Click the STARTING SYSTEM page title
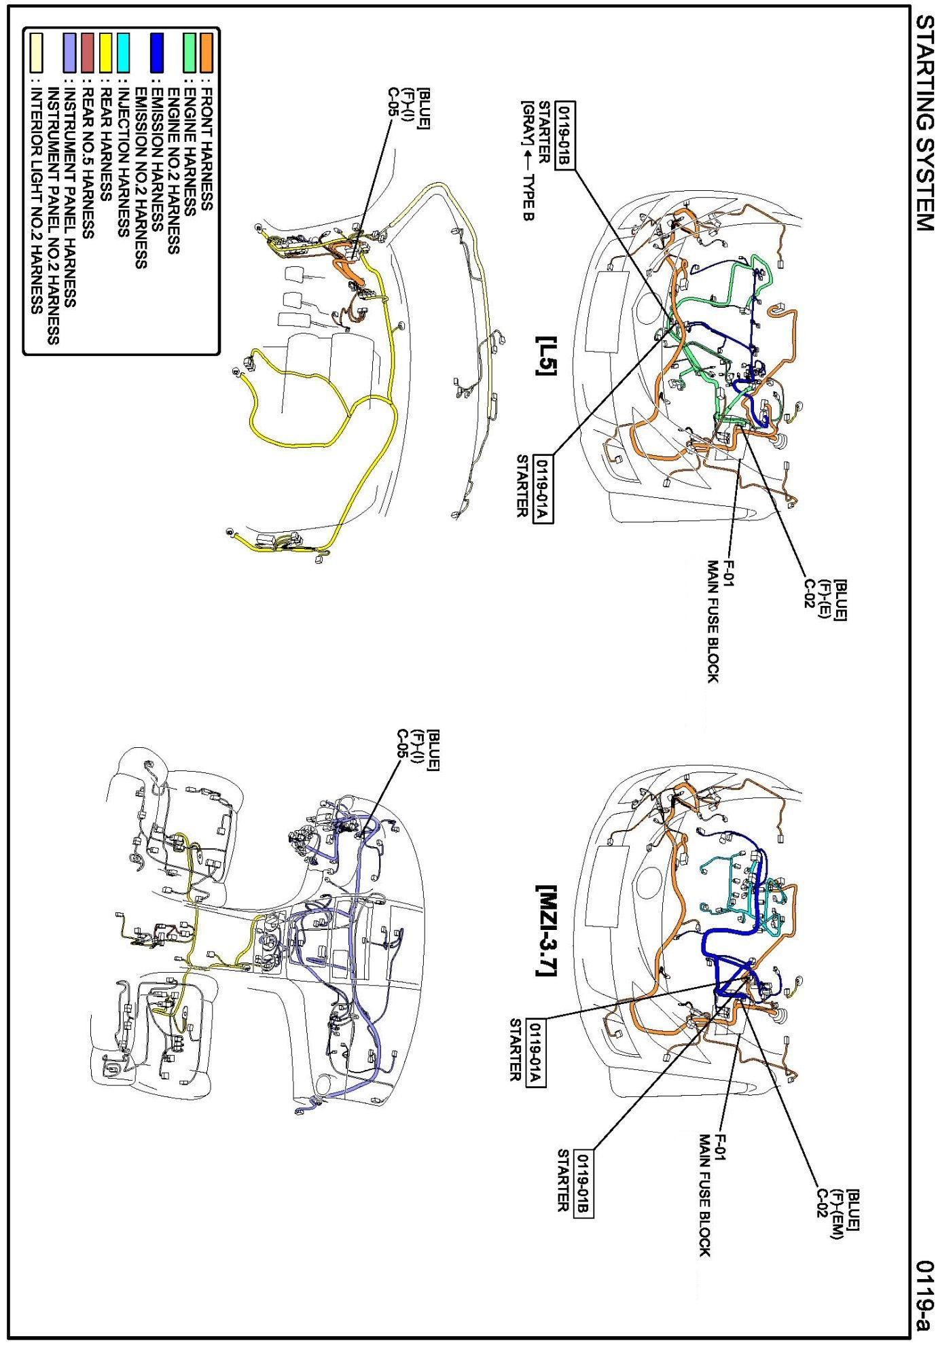[924, 124]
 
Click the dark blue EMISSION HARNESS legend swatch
[157, 52]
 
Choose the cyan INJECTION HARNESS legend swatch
[123, 52]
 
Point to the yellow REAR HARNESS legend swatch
[105, 52]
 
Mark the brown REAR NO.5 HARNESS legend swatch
[87, 52]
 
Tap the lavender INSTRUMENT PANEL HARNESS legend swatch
[69, 52]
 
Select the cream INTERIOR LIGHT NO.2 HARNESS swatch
[34, 52]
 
